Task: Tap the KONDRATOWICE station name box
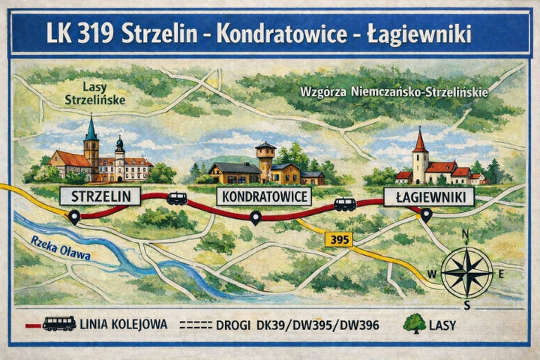[x=264, y=197]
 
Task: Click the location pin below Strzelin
[x=74, y=217]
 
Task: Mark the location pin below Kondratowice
[x=256, y=217]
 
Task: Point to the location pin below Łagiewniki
[x=426, y=214]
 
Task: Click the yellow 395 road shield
[x=339, y=239]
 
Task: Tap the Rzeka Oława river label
[x=61, y=249]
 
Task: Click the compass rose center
[x=466, y=271]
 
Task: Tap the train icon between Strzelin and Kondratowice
[x=177, y=198]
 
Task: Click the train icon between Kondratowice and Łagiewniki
[x=345, y=203]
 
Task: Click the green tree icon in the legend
[x=413, y=323]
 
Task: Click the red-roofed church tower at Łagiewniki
[x=420, y=154]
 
